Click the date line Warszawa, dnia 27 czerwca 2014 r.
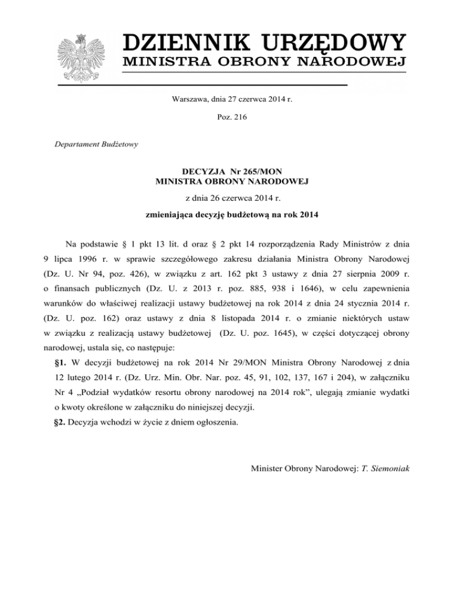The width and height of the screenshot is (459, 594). (x=229, y=100)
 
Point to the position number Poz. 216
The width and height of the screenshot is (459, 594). (x=229, y=117)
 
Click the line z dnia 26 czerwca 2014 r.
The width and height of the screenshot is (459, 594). (x=229, y=197)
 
